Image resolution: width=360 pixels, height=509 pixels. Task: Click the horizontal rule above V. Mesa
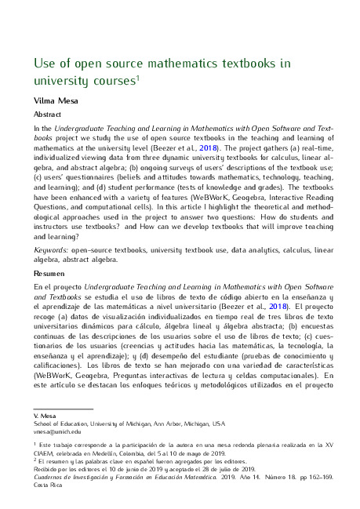tap(63, 407)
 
